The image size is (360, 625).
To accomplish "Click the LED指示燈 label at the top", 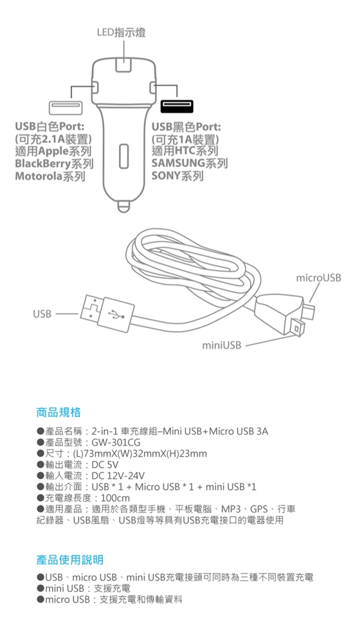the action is [122, 32].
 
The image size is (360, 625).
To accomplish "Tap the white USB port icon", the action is [66, 107].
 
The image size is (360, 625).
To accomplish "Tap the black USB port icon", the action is [177, 107].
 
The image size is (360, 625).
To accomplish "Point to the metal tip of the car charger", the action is [123, 206].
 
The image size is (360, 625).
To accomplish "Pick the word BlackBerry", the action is [42, 163].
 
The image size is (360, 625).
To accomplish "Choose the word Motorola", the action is [39, 176].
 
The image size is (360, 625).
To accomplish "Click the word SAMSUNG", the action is [178, 163].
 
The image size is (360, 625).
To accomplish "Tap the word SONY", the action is [166, 176].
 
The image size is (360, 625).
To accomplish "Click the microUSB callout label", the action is [319, 278].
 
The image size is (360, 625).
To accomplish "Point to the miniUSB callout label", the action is [222, 345].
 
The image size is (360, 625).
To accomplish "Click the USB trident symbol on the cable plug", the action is [116, 314].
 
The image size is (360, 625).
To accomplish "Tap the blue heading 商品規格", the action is [59, 412].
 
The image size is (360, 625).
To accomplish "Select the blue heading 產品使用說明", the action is [69, 559].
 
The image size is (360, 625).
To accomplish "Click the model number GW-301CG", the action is [116, 442].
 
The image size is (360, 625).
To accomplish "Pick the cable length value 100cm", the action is [116, 498].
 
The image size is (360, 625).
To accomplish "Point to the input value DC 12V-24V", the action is [118, 476].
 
